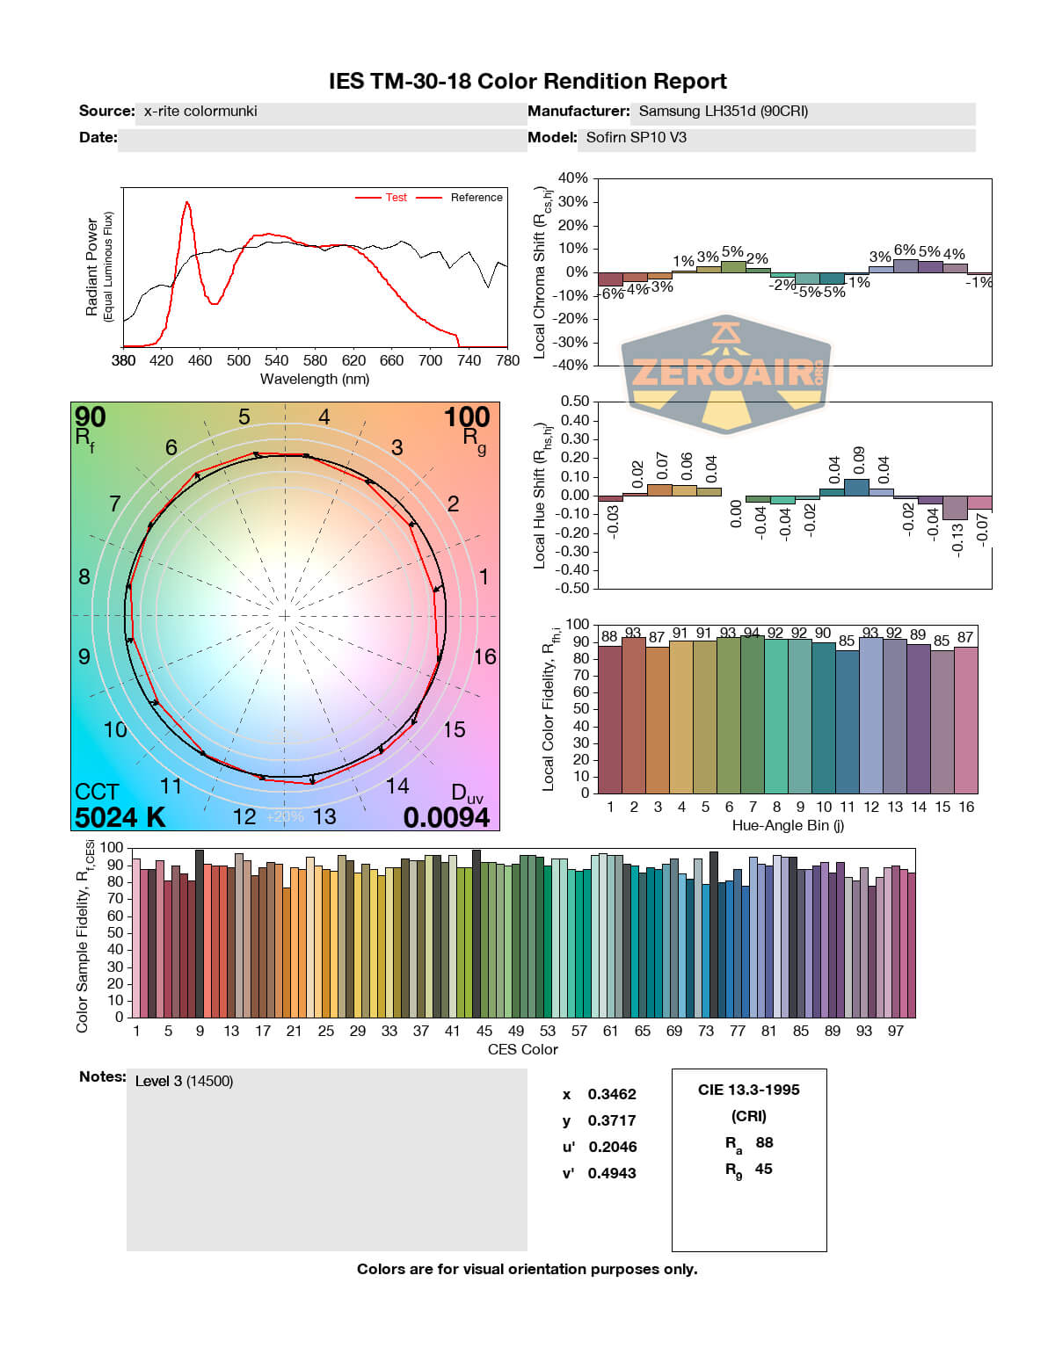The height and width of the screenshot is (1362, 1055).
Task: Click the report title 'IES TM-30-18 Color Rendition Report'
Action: click(527, 82)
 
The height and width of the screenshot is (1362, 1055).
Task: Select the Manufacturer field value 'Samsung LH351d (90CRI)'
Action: click(723, 112)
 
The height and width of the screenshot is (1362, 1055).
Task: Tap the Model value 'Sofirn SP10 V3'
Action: click(636, 137)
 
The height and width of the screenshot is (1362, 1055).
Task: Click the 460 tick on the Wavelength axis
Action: click(200, 360)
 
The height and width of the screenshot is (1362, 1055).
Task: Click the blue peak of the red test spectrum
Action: click(186, 202)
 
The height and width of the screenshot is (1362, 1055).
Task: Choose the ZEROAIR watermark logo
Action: click(726, 374)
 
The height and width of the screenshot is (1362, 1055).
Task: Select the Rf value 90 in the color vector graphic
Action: click(90, 417)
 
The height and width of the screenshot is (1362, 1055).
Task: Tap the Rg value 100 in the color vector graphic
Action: click(467, 417)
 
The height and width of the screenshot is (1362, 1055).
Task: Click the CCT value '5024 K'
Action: click(120, 817)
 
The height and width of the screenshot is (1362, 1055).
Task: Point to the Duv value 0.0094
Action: click(447, 817)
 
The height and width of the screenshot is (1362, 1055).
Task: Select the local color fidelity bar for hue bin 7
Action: click(753, 714)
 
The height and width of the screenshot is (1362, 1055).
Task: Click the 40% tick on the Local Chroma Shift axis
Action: click(573, 178)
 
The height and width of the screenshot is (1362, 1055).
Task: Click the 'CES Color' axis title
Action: click(522, 1049)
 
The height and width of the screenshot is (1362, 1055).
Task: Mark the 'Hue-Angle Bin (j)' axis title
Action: click(788, 825)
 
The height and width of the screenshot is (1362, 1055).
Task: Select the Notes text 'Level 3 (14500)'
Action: click(185, 1081)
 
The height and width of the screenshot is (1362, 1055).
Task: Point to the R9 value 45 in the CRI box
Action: click(763, 1169)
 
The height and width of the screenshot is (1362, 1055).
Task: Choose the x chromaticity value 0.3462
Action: click(612, 1094)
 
